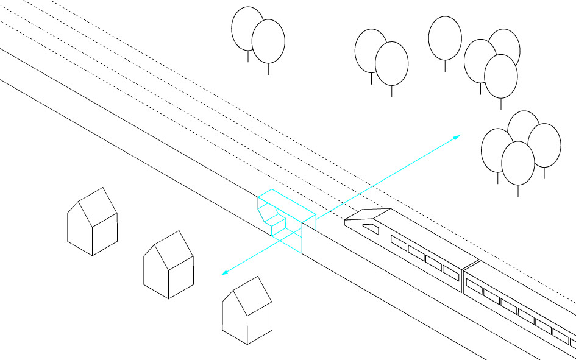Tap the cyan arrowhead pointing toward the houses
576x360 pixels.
[224, 272]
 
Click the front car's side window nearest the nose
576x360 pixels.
[398, 243]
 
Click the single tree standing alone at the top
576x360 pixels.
[445, 38]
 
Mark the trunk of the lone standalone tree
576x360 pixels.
[445, 66]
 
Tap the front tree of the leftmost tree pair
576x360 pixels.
[268, 41]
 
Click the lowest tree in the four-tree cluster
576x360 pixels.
[517, 163]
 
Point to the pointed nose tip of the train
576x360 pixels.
[346, 222]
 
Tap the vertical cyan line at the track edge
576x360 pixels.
[302, 238]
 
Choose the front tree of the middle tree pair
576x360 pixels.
[391, 63]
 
